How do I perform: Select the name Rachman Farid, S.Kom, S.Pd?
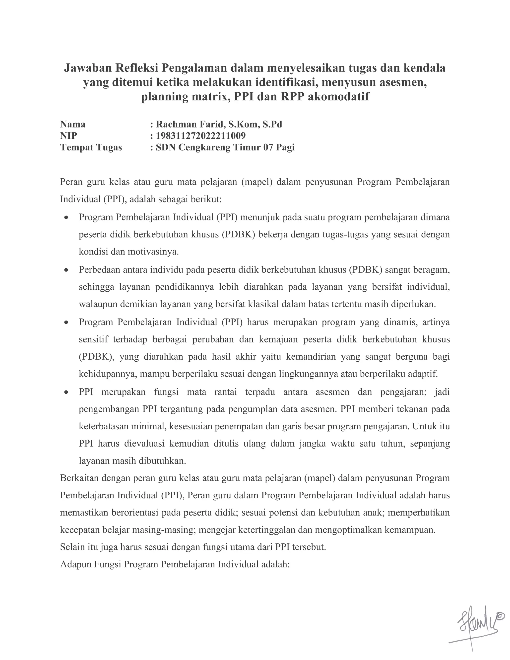tap(219, 124)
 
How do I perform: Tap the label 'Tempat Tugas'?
tap(91, 147)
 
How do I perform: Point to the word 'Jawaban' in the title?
tap(87, 68)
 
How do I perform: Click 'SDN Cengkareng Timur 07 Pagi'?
tap(225, 147)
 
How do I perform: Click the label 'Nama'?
tap(73, 124)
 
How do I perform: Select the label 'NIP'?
tap(68, 136)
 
